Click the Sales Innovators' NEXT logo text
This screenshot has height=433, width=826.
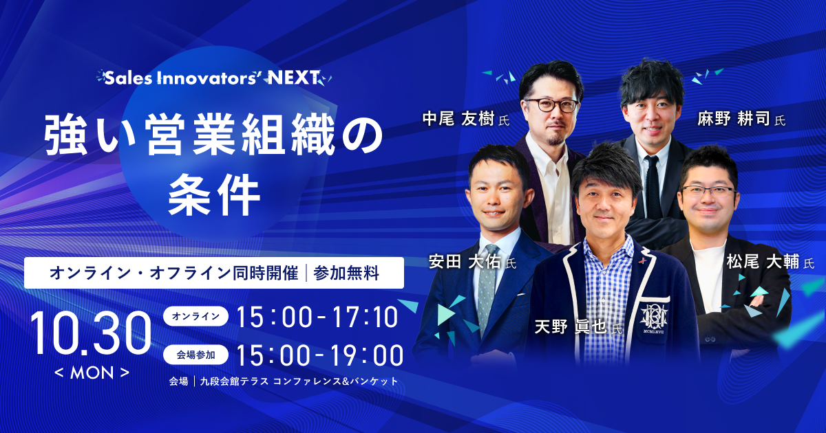pos(213,78)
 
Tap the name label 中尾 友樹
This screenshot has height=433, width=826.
pos(458,119)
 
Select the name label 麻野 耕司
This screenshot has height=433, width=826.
pos(734,119)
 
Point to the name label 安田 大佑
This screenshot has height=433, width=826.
pos(465,262)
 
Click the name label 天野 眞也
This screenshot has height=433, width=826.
pos(571,327)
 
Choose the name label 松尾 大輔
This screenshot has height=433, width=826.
pos(763,262)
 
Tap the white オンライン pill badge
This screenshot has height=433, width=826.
pos(195,316)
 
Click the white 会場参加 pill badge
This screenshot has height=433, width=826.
pos(195,355)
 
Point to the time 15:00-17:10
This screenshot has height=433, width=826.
pos(317,317)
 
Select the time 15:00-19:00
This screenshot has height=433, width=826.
pos(319,356)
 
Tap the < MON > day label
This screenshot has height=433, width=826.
pos(92,373)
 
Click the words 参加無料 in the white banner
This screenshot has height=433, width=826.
pos(346,274)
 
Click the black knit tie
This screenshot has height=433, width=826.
pos(653,187)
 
